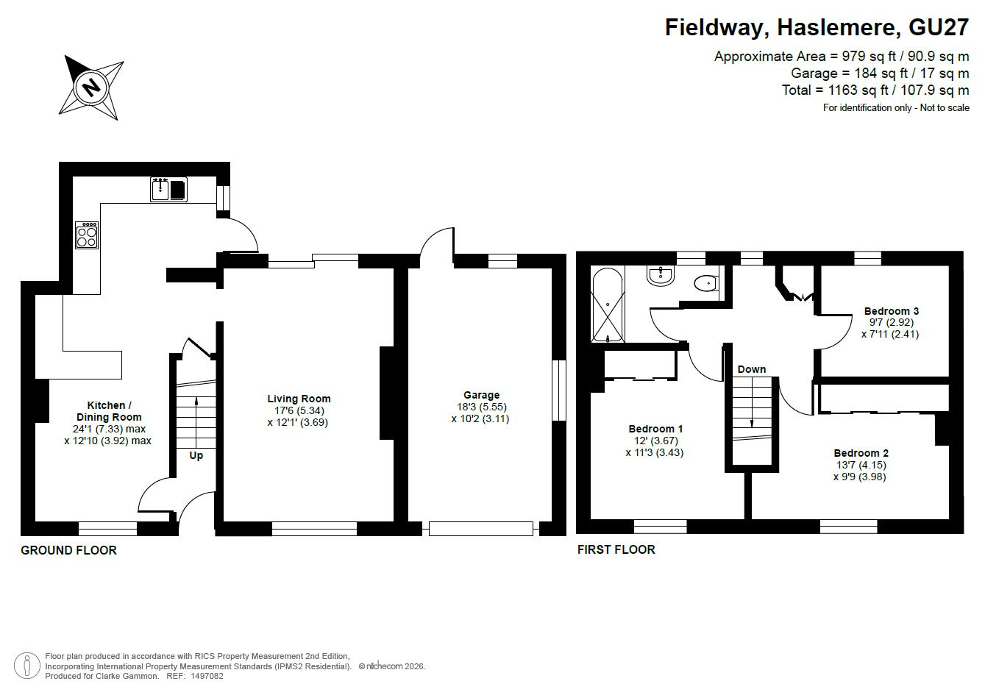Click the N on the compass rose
(92, 87)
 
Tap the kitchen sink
(169, 190)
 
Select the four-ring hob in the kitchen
(87, 235)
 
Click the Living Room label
(299, 399)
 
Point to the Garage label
(481, 395)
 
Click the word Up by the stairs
(196, 455)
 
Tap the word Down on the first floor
(752, 369)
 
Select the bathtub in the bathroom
(608, 304)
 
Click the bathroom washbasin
(661, 276)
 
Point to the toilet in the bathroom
(706, 283)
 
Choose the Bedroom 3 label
(892, 311)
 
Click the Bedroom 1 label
(655, 429)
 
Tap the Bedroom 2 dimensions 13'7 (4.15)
(861, 465)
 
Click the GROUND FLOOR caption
(68, 550)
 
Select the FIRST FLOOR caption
(616, 549)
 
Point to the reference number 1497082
(207, 676)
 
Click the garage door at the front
(480, 528)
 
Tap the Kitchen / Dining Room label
(109, 411)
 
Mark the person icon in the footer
(26, 666)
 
